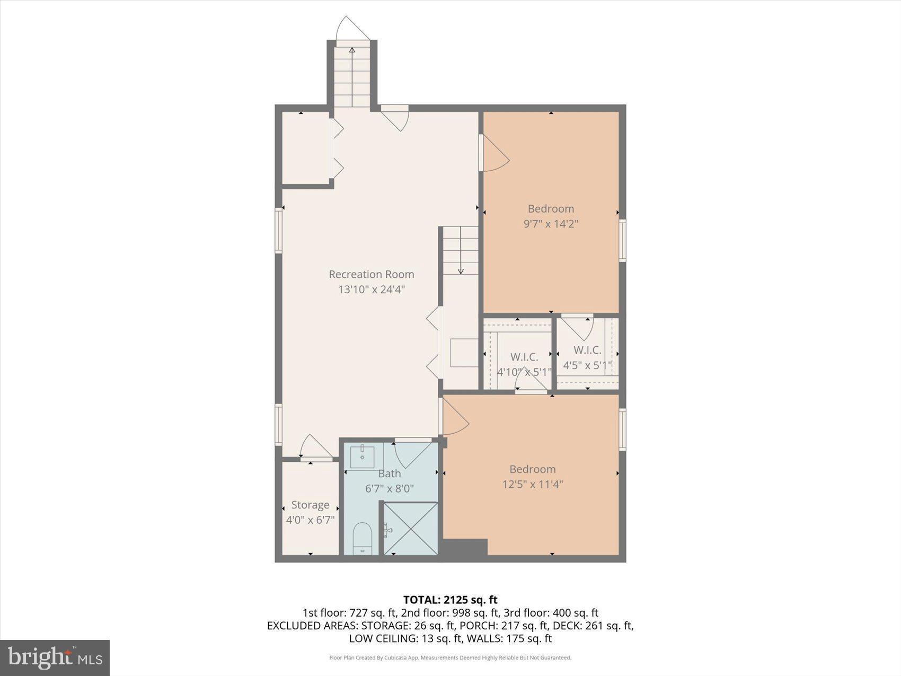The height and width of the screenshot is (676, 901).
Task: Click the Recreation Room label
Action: [371, 274]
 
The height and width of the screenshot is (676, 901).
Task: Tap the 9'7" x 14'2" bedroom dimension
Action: [551, 224]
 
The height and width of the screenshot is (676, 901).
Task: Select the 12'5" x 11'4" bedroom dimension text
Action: [532, 484]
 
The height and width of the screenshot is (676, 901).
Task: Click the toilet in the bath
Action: [363, 537]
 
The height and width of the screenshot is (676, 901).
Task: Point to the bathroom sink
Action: [363, 456]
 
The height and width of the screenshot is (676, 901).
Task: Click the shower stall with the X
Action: [411, 529]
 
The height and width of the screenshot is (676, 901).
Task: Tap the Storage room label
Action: [310, 505]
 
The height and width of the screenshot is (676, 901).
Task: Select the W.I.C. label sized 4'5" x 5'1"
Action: [587, 350]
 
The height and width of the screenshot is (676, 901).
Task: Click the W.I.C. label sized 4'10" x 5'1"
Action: [524, 357]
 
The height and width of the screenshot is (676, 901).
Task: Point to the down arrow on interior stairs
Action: [461, 270]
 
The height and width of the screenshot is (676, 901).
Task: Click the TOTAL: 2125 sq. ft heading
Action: [450, 600]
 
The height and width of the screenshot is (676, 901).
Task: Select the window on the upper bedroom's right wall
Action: [623, 240]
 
